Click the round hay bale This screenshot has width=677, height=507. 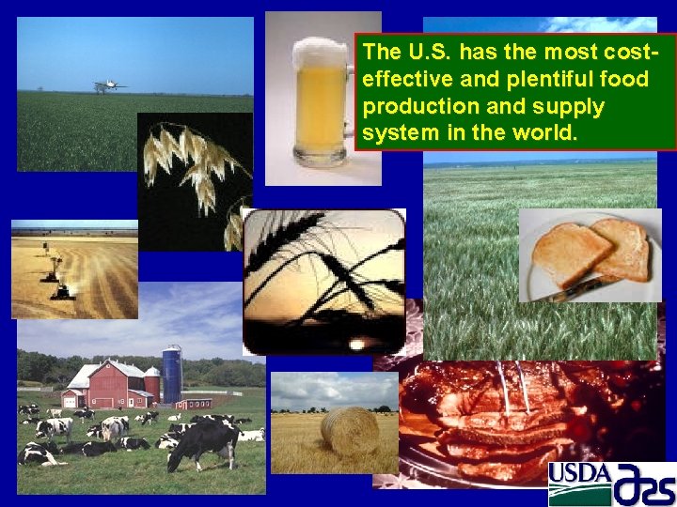[x=349, y=431]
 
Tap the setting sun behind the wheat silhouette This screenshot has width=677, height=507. [x=355, y=344]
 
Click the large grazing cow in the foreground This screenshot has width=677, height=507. [x=202, y=441]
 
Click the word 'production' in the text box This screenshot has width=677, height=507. [x=409, y=105]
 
